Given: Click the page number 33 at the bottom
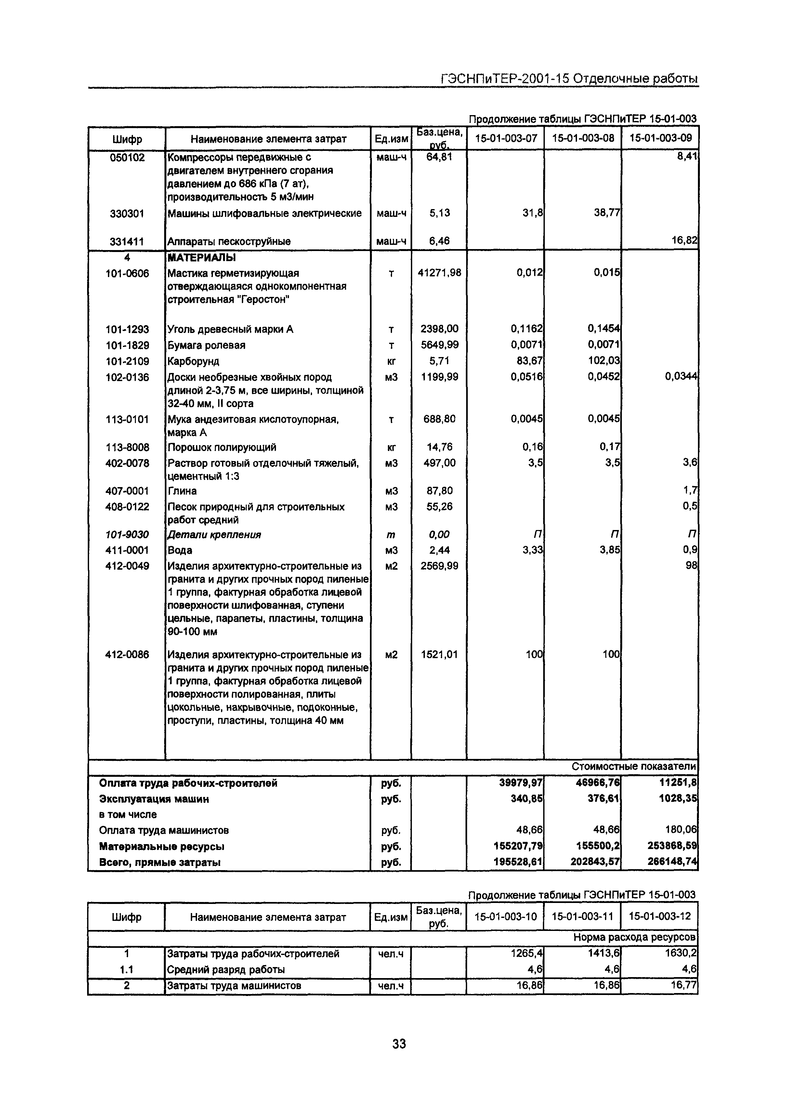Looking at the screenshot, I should [399, 1043].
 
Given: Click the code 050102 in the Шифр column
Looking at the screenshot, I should [127, 158].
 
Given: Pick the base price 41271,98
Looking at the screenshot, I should [439, 273].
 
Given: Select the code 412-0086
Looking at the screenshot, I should [127, 655].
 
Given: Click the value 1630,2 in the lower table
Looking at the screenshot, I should [681, 953].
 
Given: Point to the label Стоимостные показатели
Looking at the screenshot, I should [634, 767].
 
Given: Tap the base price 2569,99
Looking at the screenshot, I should [439, 566].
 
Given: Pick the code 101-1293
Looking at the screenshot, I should [127, 329].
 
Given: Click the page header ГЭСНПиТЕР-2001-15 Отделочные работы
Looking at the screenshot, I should [569, 79].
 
